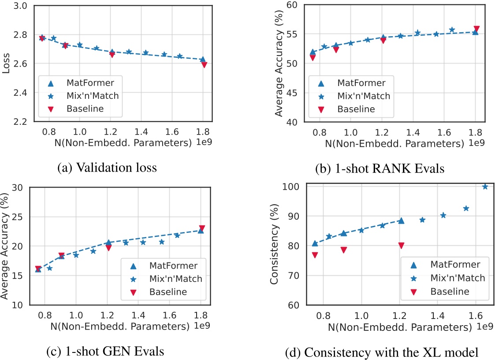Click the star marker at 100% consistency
[x=485, y=187]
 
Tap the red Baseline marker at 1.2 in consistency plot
[x=401, y=245]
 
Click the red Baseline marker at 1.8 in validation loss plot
[x=204, y=64]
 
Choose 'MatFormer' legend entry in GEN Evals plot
[x=170, y=265]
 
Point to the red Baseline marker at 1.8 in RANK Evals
[x=476, y=29]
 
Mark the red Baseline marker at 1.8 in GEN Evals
[x=202, y=228]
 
